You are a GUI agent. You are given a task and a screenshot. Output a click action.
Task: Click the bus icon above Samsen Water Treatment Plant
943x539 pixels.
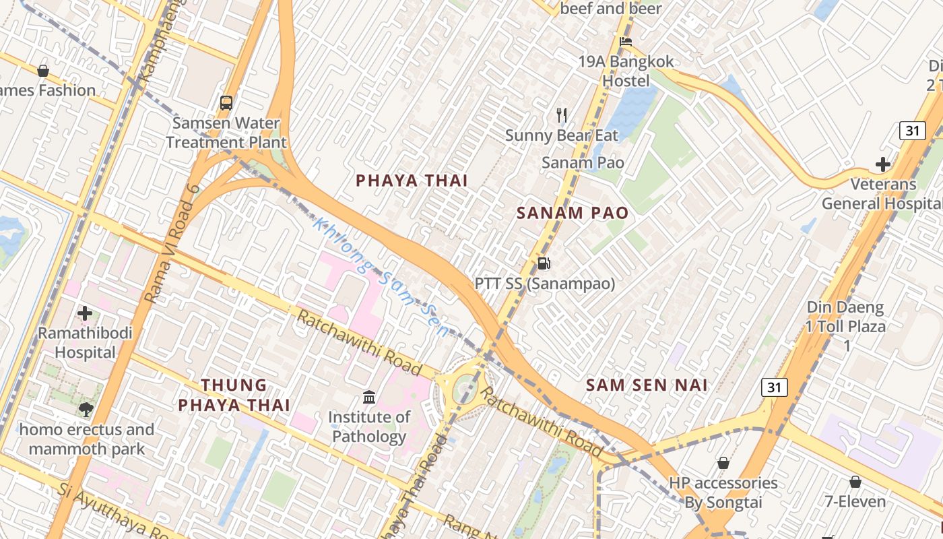[226, 103]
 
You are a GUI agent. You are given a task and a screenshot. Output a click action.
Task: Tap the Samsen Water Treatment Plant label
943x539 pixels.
[226, 133]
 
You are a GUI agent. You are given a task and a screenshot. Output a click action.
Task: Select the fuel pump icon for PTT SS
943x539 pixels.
[544, 263]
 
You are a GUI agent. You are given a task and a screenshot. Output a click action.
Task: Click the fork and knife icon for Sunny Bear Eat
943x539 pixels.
[562, 115]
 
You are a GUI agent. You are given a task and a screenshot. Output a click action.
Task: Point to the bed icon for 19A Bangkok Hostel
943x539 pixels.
[626, 42]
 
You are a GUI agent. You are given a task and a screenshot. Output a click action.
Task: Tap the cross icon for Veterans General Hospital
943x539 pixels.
[882, 164]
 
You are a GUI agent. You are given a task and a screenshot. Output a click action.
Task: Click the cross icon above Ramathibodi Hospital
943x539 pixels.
[85, 313]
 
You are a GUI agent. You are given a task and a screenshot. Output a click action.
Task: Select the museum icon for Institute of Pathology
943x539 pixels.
[369, 397]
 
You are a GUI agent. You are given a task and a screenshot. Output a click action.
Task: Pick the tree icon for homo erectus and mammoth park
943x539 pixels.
[86, 409]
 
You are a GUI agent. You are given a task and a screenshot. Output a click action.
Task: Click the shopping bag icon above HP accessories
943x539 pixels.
[723, 463]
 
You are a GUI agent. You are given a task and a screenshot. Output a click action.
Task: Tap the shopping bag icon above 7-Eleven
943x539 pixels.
[855, 482]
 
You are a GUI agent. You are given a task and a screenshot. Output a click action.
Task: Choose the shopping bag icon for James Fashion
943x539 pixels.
[43, 71]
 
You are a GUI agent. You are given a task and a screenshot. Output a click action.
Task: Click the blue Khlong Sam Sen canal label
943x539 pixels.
[381, 278]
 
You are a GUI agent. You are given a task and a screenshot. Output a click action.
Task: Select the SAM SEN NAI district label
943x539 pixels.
[647, 385]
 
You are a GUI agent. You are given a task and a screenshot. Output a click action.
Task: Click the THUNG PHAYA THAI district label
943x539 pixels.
[234, 395]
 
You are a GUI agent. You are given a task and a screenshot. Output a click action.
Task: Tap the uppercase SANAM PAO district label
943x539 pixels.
[573, 214]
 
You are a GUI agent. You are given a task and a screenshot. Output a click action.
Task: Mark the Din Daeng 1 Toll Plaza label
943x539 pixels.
[847, 327]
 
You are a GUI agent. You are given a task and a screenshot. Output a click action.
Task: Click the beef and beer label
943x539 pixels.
[611, 9]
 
